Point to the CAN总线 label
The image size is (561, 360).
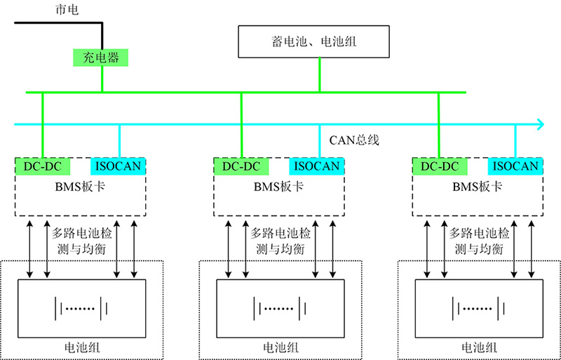click(x=354, y=140)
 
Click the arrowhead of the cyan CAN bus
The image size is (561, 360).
click(x=539, y=124)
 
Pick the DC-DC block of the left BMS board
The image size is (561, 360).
click(x=43, y=166)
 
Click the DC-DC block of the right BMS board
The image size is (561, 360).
click(x=440, y=166)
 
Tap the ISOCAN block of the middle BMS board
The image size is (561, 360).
click(x=316, y=166)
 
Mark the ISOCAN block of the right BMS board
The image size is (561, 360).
click(x=515, y=166)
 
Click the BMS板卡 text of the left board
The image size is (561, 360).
click(x=81, y=187)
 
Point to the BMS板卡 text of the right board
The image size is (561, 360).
click(x=478, y=187)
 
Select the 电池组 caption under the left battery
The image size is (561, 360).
click(x=81, y=347)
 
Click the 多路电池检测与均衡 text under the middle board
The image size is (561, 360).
click(x=280, y=241)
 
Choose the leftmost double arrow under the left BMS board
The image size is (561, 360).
click(x=29, y=249)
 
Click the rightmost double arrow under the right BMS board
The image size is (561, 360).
click(x=532, y=249)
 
